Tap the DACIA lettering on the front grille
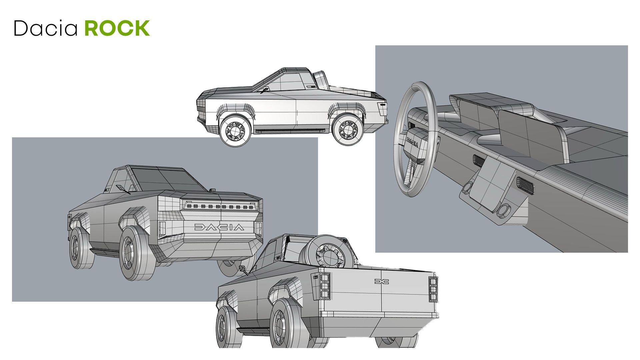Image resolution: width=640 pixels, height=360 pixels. point(219,227)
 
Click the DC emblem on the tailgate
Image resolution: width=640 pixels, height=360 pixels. point(381,282)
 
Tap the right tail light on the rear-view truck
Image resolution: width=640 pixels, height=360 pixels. point(433,289)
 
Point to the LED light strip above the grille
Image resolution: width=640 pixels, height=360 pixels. point(220,207)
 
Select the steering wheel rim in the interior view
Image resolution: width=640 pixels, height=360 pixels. point(397,147)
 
